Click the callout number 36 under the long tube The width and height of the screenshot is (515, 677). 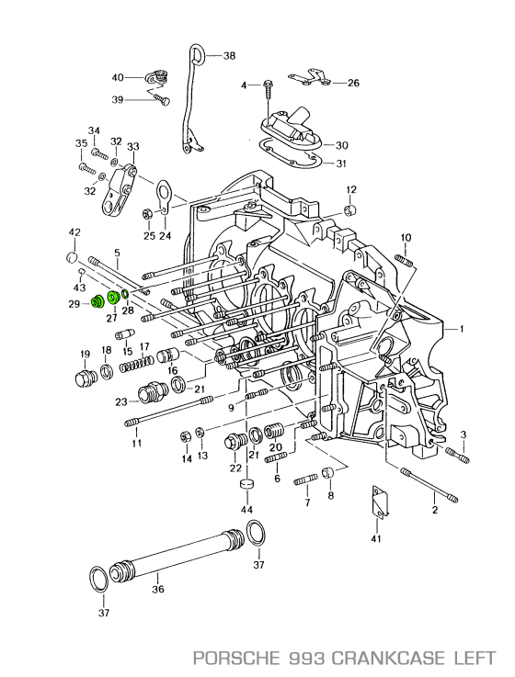(x=157, y=589)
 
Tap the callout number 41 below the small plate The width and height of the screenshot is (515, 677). (x=375, y=539)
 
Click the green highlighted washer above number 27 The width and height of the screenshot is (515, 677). (x=114, y=298)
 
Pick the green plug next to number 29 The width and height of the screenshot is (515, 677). (x=96, y=302)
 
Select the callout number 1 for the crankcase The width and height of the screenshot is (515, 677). (x=463, y=328)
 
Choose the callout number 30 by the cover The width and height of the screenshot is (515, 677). (x=341, y=145)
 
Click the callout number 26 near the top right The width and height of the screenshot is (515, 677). (x=352, y=83)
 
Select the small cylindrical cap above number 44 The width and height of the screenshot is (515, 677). (x=246, y=485)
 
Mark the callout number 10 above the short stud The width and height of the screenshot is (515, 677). (x=406, y=238)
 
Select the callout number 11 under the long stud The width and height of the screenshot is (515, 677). (x=135, y=444)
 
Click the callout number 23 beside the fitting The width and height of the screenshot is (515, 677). (x=120, y=401)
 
